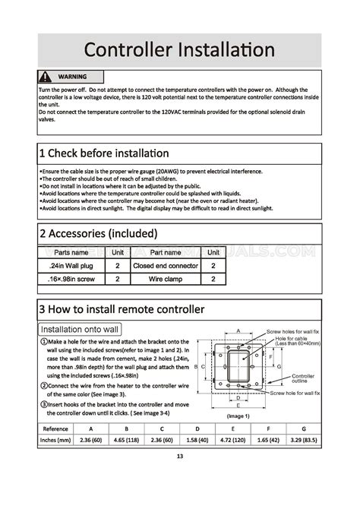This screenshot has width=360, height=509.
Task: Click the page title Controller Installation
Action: point(179,50)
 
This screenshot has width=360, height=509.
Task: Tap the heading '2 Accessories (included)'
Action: point(98,232)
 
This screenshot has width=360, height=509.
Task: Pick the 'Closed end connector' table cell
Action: point(166,266)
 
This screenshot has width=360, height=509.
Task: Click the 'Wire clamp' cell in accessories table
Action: point(166,279)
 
